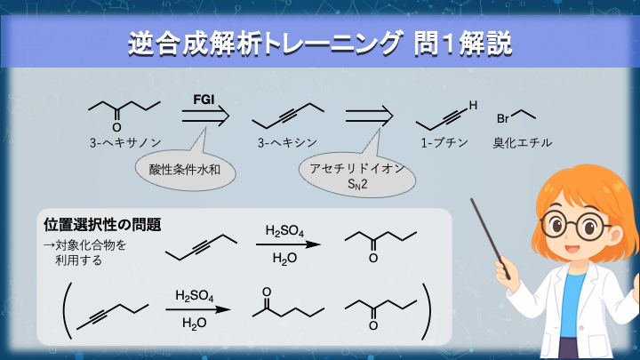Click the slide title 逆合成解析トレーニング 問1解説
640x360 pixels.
[319, 42]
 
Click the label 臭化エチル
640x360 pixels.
[523, 142]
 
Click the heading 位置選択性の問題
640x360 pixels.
[101, 222]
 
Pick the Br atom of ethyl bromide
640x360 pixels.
[502, 118]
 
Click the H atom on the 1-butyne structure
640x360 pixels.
[473, 106]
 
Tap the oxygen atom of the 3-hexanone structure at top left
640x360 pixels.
[116, 127]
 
